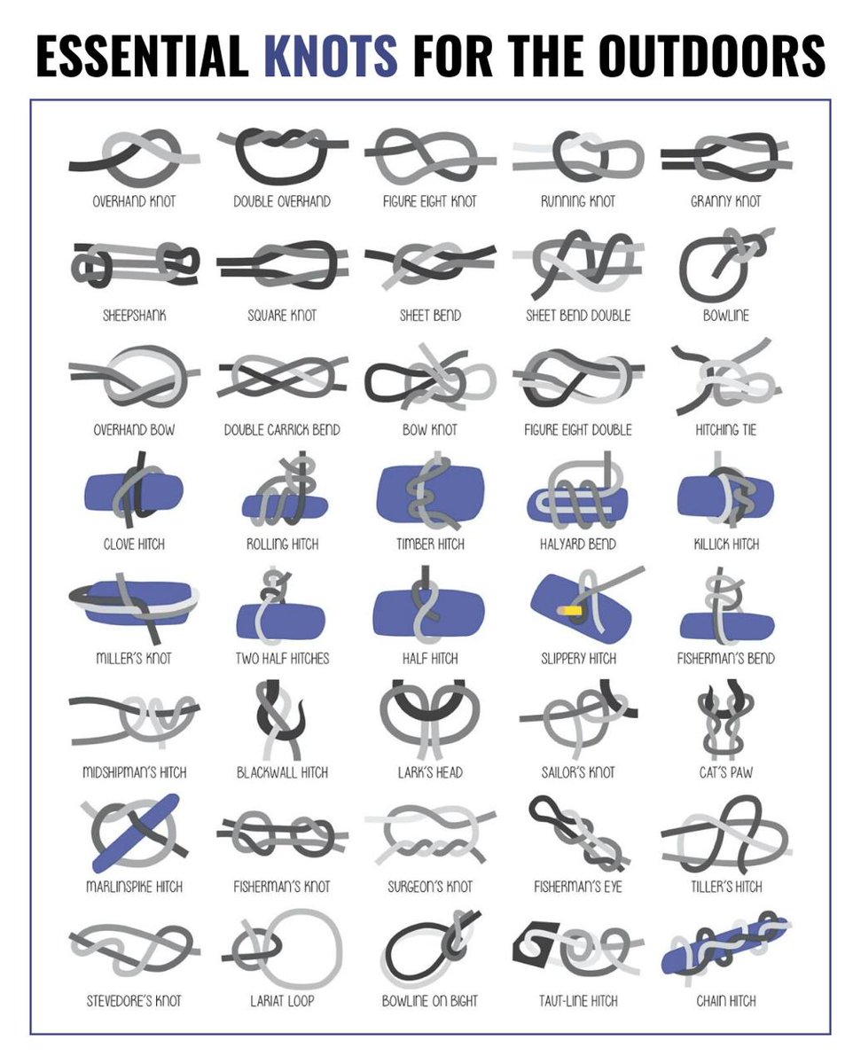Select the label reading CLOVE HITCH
tap(134, 544)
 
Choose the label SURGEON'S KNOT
tap(431, 887)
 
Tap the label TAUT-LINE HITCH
tap(578, 1001)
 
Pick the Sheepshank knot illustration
tap(134, 262)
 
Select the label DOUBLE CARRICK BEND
tap(282, 430)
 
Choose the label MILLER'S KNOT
tap(134, 658)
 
